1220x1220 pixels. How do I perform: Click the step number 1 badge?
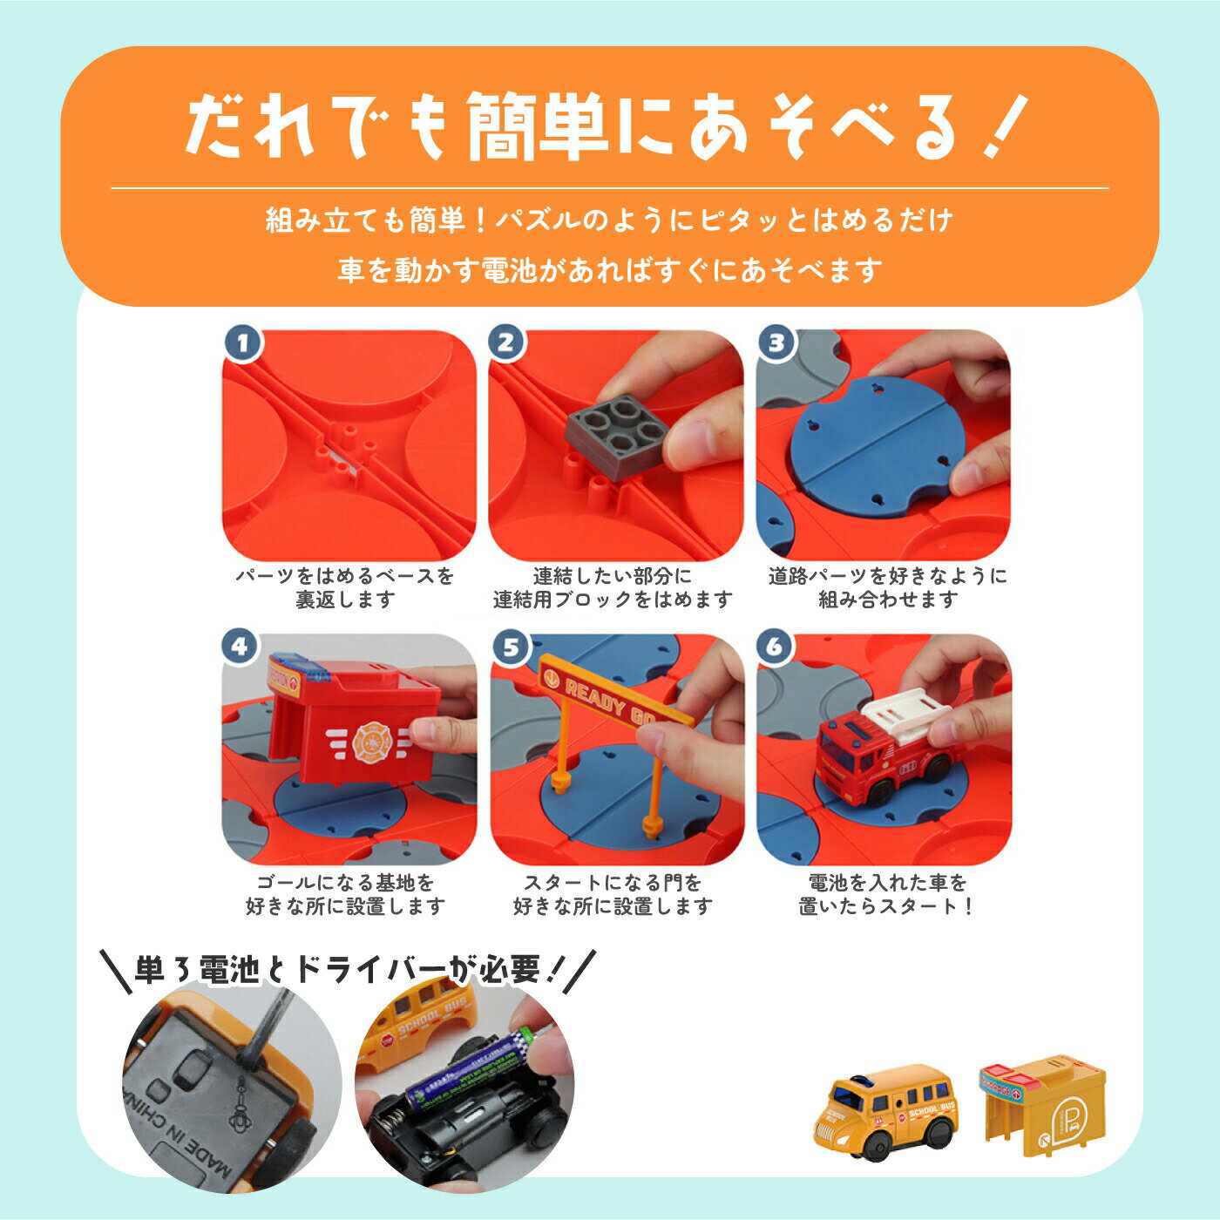242,344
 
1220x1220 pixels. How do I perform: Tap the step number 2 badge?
505,342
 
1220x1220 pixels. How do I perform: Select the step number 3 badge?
776,342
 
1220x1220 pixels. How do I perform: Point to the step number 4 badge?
240,647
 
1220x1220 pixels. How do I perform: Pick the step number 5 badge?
511,647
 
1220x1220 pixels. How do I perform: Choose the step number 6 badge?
774,647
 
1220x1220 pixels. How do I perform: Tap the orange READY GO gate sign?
614,691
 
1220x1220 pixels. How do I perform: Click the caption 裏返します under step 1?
346,600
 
